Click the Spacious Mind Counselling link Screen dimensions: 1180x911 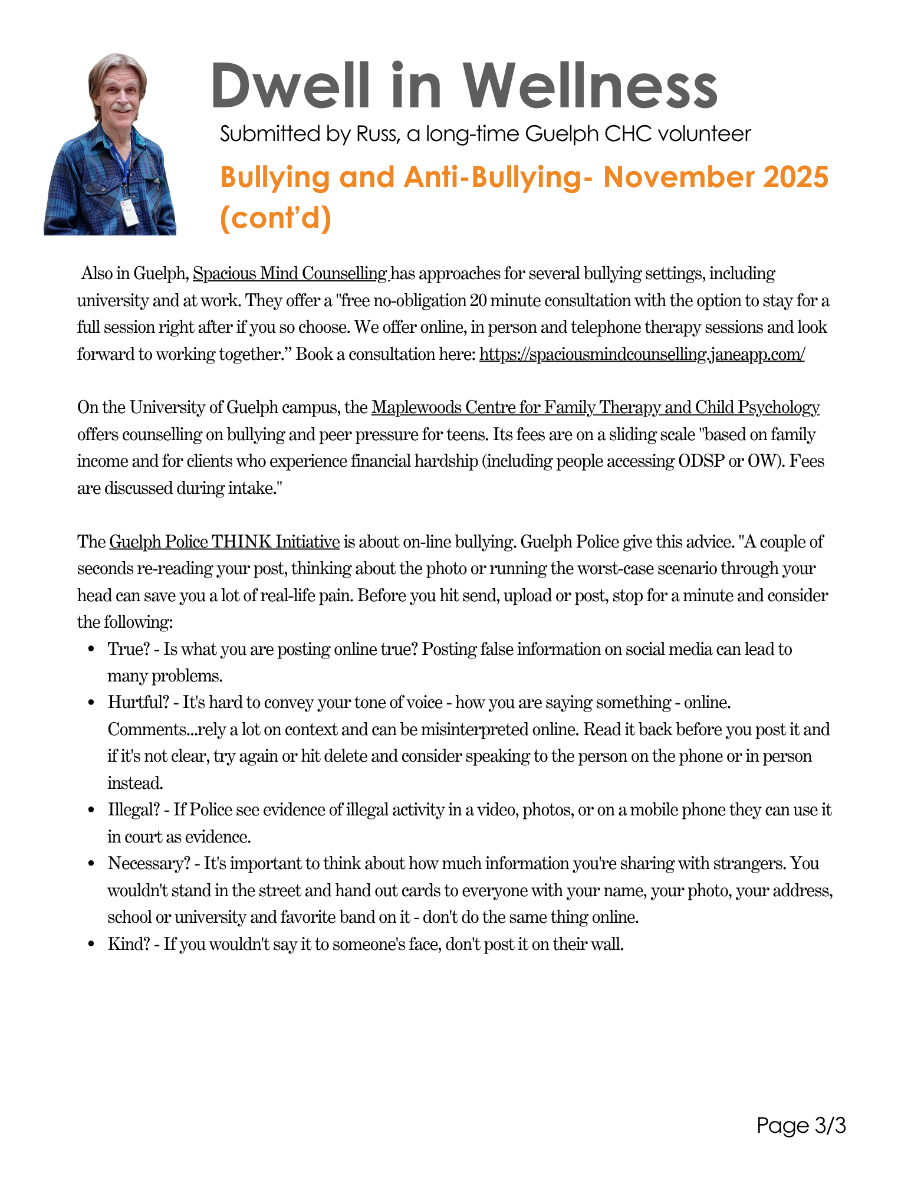(290, 274)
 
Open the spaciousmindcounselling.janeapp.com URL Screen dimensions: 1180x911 (642, 355)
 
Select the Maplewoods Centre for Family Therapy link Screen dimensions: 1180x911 (595, 408)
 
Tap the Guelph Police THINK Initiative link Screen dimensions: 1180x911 (224, 542)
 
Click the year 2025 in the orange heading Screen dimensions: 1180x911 (795, 178)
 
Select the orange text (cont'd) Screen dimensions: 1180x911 (275, 218)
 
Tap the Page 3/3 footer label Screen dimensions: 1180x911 (801, 1126)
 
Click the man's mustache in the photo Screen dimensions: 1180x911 (122, 109)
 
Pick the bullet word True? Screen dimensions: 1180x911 (129, 649)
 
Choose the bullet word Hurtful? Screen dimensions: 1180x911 (138, 703)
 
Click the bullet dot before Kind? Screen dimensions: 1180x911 (91, 945)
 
